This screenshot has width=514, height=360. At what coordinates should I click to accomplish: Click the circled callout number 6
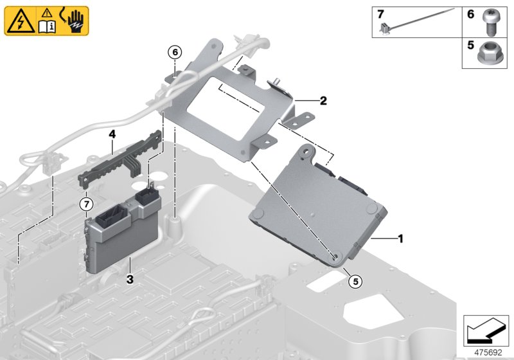tap(175, 51)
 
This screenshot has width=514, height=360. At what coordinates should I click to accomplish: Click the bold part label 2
tap(323, 101)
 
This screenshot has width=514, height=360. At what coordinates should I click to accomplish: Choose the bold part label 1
tap(400, 239)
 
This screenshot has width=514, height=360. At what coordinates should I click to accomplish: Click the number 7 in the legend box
tap(380, 14)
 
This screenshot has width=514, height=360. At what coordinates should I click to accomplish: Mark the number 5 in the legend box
tap(470, 46)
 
